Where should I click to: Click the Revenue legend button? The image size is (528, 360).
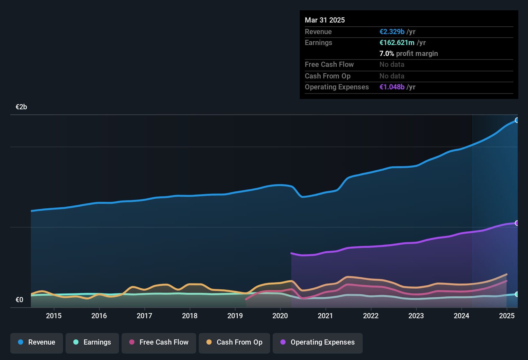click(37, 342)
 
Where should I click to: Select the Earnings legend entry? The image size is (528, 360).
click(92, 342)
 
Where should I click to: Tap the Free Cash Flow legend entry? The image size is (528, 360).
click(159, 342)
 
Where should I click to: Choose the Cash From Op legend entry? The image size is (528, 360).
click(234, 342)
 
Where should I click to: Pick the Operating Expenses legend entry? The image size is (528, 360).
click(318, 342)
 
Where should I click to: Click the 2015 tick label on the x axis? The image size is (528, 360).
click(54, 316)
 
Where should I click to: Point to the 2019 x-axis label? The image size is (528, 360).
click(235, 316)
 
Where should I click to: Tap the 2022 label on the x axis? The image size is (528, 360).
click(371, 316)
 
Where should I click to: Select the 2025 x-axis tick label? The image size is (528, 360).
click(507, 316)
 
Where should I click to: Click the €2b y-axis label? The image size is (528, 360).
click(22, 107)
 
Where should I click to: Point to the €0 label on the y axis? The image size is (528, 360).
click(20, 300)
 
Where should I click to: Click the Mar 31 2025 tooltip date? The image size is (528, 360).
click(325, 20)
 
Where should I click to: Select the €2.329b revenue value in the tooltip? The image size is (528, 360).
click(392, 32)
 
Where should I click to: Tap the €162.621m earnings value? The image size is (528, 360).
click(397, 43)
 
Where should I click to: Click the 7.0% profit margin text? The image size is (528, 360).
click(408, 54)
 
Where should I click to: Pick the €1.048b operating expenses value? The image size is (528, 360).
click(392, 87)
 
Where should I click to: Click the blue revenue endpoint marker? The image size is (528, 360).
click(517, 120)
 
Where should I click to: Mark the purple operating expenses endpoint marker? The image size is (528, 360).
click(517, 223)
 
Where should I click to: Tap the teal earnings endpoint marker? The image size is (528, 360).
click(517, 294)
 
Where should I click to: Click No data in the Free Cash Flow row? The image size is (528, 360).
click(392, 65)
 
